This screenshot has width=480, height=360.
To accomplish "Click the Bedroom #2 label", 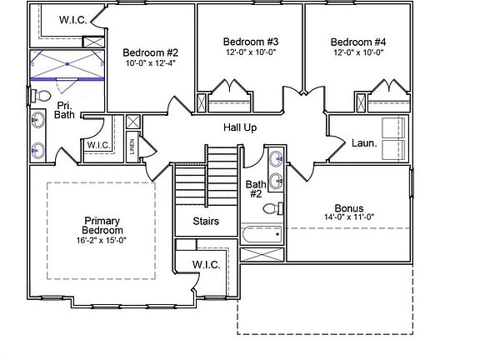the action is [x=150, y=52].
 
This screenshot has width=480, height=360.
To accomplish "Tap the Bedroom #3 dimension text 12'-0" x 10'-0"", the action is [x=251, y=52].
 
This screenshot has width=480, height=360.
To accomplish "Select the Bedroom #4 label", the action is [x=358, y=42].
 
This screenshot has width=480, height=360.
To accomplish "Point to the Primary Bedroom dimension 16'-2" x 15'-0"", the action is [x=102, y=240].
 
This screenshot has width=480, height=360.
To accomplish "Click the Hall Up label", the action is [x=240, y=127].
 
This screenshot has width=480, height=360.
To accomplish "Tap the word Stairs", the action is [x=206, y=221].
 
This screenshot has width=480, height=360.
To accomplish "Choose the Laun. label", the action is [x=364, y=143].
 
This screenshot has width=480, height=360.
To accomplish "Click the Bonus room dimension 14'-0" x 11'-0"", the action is [x=349, y=217].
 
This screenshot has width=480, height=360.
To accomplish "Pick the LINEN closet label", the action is [x=132, y=147].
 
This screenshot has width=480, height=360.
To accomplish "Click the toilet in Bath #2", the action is [x=273, y=209].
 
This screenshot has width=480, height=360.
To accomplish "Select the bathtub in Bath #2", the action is [x=262, y=234].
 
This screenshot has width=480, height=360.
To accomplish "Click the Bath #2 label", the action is [x=256, y=189].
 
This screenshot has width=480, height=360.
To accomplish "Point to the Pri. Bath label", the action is [x=64, y=110].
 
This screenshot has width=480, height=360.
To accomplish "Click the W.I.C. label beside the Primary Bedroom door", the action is [x=207, y=264].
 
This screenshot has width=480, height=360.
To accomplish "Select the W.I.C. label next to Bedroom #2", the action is [x=73, y=20].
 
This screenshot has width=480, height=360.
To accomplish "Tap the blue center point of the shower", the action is [x=67, y=64].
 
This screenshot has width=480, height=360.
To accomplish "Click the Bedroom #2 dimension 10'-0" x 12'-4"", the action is [x=150, y=63].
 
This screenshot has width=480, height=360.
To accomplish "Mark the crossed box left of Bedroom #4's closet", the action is [x=361, y=102].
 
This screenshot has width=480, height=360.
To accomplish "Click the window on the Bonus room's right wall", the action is [x=412, y=183].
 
